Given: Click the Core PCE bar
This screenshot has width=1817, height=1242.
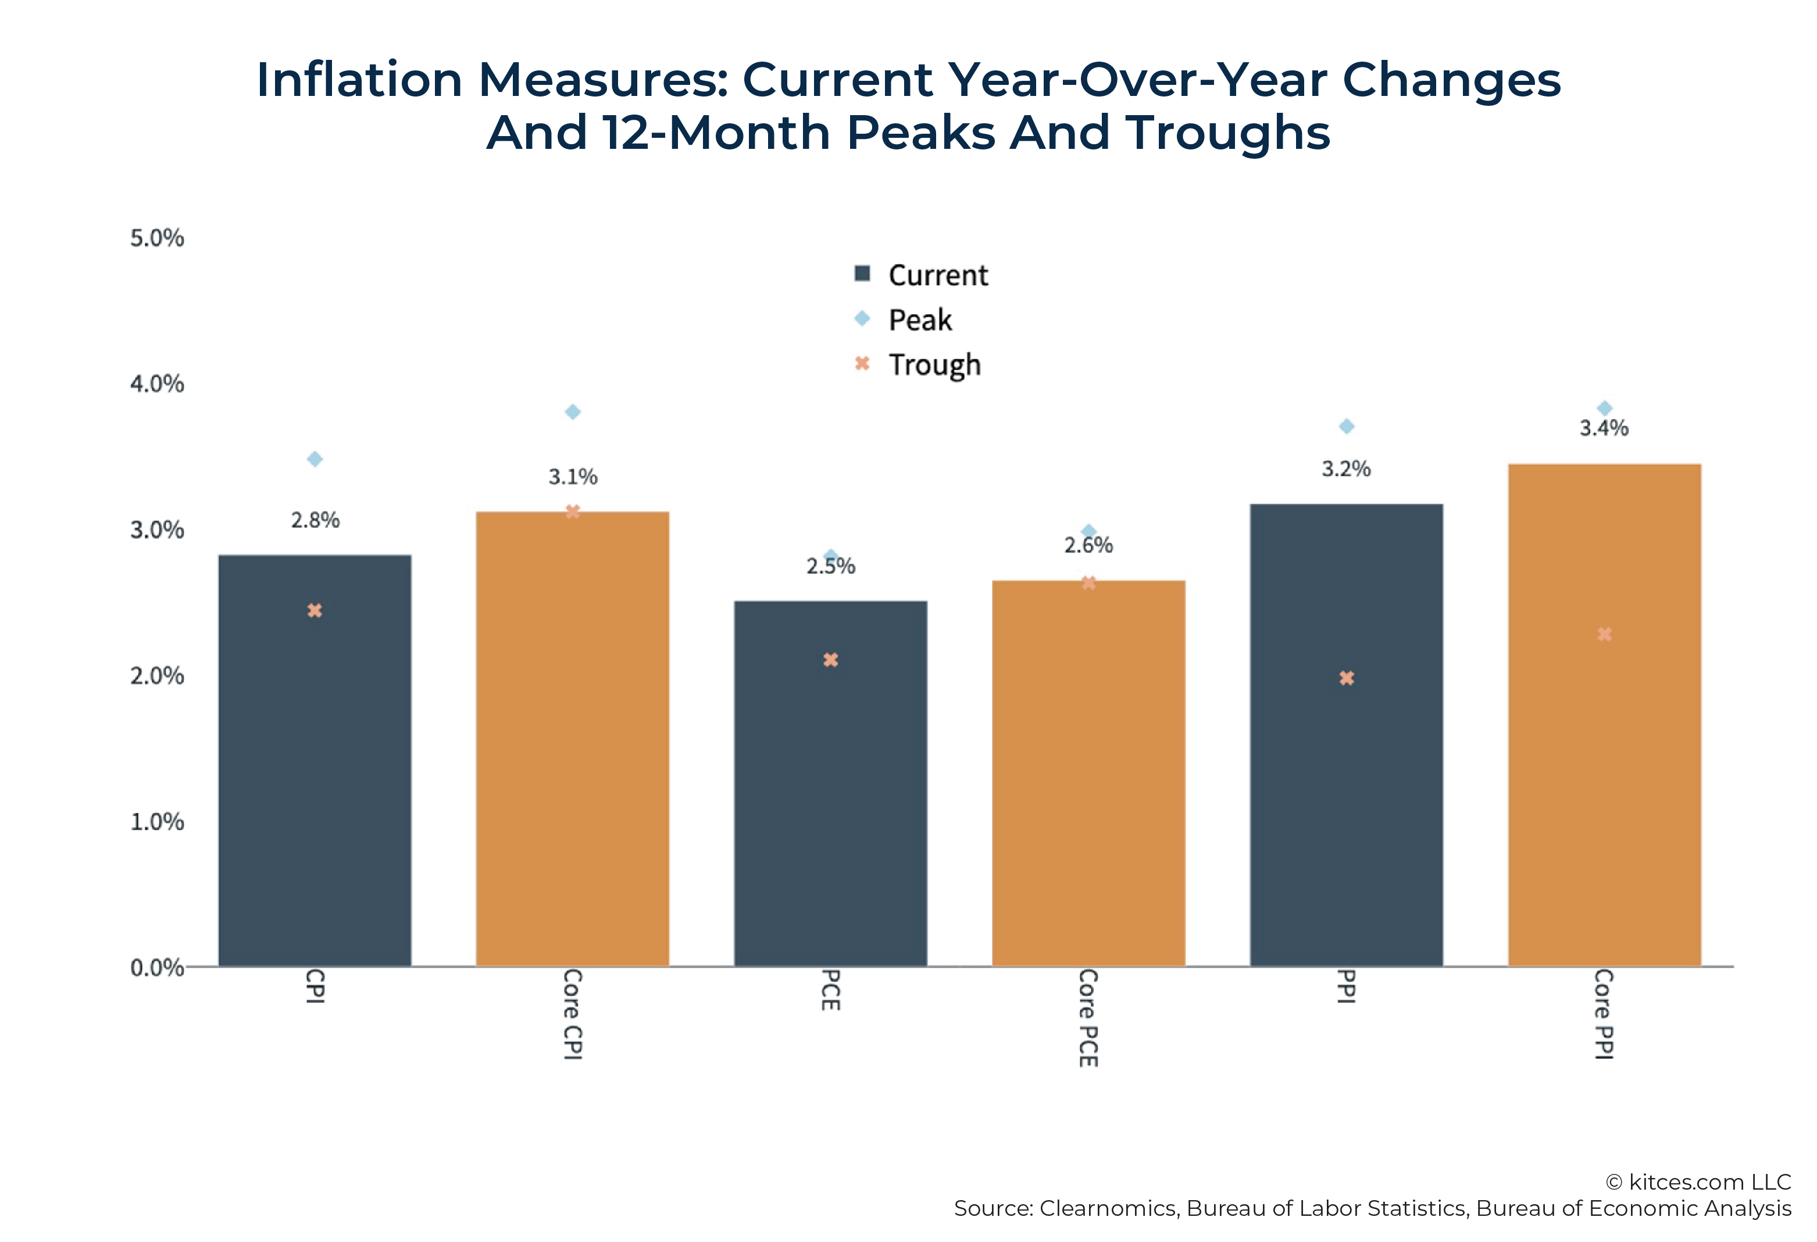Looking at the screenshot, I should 1088,781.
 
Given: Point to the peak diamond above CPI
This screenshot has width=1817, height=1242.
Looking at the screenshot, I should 315,459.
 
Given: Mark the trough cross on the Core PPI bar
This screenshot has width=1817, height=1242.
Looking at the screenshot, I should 1604,634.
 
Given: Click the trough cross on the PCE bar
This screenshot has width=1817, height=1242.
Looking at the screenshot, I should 830,660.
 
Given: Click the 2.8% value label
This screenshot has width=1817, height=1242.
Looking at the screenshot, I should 315,520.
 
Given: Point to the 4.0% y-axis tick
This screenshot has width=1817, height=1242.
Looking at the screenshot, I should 157,384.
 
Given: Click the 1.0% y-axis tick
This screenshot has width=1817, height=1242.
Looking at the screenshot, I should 157,822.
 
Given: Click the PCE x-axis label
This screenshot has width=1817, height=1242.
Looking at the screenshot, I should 830,990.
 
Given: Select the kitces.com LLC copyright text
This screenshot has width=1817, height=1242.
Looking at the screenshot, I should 1698,1181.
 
